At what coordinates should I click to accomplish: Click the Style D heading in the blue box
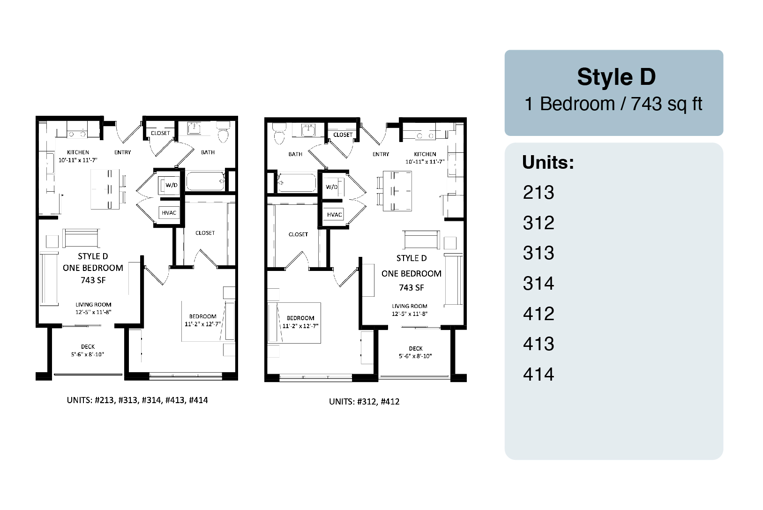[x=616, y=77]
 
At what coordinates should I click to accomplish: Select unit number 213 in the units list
[x=539, y=193]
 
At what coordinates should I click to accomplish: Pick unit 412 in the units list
[x=539, y=314]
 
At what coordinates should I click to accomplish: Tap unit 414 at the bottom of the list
[x=539, y=374]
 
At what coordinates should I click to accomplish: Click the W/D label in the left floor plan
[x=172, y=185]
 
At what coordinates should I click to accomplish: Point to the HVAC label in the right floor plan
[x=334, y=215]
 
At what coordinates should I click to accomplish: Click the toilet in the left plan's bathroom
[x=223, y=132]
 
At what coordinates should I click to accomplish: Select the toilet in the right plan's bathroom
[x=279, y=134]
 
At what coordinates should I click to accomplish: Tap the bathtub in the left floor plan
[x=205, y=181]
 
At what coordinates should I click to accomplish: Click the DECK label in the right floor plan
[x=416, y=349]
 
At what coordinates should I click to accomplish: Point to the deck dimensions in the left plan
[x=88, y=354]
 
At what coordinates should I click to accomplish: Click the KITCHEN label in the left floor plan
[x=78, y=152]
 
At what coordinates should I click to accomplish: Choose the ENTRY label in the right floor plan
[x=381, y=154]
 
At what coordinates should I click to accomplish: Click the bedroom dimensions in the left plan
[x=202, y=324]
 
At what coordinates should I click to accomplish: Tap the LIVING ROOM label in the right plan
[x=410, y=306]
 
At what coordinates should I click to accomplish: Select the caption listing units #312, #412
[x=364, y=402]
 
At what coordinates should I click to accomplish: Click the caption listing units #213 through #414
[x=137, y=400]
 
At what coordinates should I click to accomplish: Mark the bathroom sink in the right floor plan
[x=308, y=130]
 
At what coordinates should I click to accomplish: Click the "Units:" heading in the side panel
[x=548, y=162]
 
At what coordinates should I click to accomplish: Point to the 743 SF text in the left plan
[x=93, y=280]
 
